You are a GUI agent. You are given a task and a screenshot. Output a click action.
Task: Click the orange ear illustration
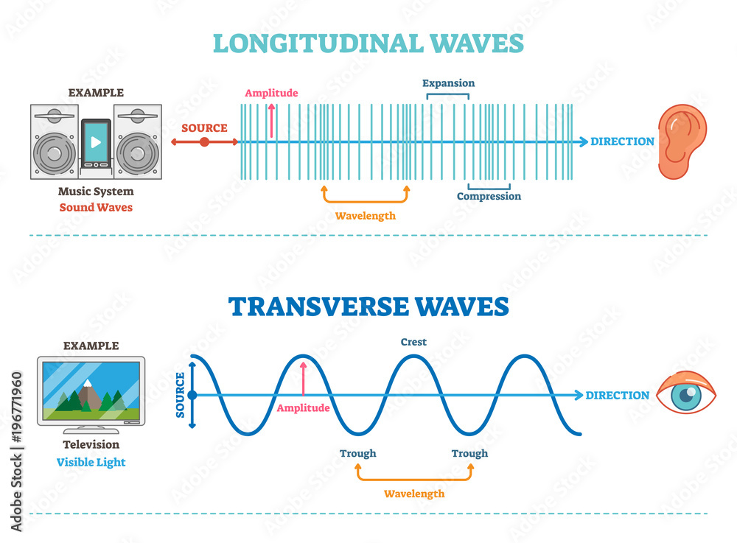682,141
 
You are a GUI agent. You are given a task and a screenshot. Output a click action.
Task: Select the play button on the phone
96,142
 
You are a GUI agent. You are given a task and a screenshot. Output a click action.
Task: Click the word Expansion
448,83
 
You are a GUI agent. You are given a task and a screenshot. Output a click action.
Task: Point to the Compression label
489,196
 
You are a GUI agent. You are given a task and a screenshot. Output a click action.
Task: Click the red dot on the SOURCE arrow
204,142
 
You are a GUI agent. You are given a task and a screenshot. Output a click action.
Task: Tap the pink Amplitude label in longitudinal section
271,93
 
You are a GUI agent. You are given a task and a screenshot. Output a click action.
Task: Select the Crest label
413,342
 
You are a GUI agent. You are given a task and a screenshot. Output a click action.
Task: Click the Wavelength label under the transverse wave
414,494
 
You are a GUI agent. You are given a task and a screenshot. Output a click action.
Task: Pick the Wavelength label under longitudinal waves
366,216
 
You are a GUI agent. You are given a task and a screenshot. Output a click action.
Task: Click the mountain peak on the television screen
87,383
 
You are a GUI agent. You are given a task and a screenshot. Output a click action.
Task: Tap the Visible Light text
91,462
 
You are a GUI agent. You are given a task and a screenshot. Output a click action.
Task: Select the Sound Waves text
96,207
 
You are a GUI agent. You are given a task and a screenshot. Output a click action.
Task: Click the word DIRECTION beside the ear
622,141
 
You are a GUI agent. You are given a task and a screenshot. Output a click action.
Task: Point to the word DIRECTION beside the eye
617,396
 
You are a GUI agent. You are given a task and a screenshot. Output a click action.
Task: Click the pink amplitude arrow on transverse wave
303,378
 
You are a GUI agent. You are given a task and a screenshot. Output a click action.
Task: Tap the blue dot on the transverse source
192,396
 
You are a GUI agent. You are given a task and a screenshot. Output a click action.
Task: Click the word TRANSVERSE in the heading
318,306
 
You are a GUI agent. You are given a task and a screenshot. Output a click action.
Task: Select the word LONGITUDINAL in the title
318,43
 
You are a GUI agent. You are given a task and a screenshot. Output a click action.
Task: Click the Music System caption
96,192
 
